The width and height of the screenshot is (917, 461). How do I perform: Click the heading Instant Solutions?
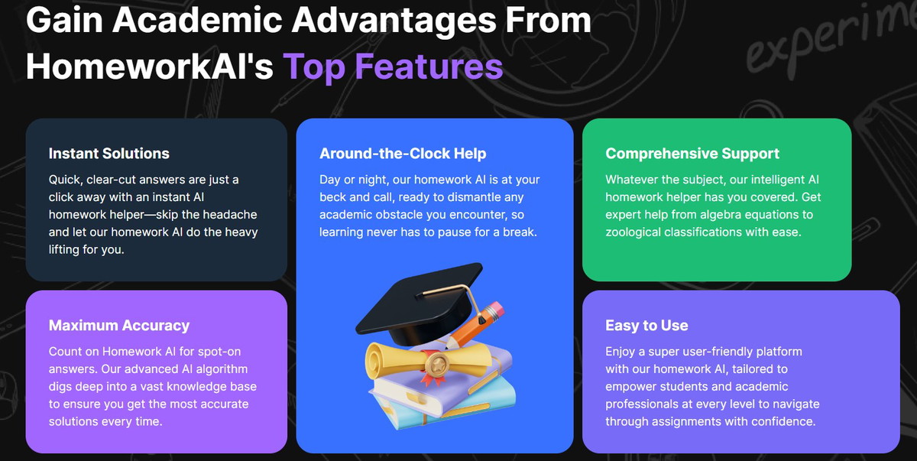[x=109, y=154]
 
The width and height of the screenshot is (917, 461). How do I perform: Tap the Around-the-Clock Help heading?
[x=403, y=154]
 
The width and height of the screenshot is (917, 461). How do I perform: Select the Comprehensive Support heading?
[x=692, y=154]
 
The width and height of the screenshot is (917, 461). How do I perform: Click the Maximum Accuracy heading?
[x=119, y=326]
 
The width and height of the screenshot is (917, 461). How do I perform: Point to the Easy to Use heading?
[x=646, y=326]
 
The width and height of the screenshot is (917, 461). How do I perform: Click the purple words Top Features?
[x=393, y=67]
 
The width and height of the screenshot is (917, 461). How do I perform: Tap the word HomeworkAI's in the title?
[x=150, y=66]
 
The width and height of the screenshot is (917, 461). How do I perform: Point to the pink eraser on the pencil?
[x=496, y=310]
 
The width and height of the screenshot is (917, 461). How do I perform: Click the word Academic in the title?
[x=197, y=20]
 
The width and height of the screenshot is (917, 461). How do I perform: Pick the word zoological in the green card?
[x=633, y=232]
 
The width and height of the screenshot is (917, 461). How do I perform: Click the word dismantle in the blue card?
[x=474, y=197]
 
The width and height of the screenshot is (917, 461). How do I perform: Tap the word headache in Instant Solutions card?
[x=230, y=215]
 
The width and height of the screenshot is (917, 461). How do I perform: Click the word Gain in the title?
[x=65, y=20]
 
